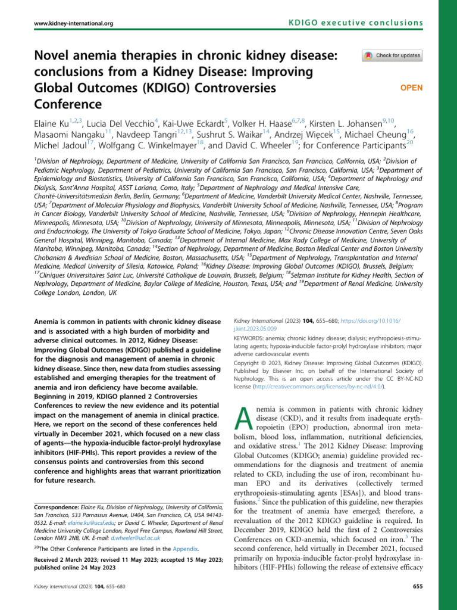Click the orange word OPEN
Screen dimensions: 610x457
pos(411,88)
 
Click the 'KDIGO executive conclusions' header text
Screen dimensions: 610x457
pos(356,23)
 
